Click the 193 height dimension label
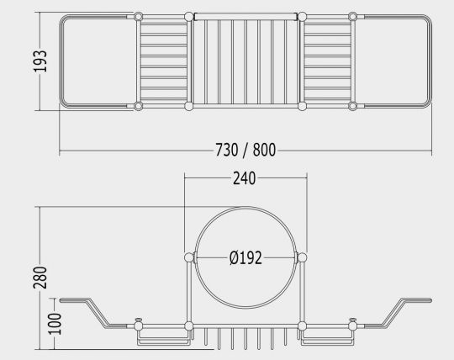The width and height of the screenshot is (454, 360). [x=40, y=61]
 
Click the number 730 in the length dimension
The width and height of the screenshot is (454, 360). [x=226, y=150]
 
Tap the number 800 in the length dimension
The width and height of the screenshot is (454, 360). [x=264, y=150]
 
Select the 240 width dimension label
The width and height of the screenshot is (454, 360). [x=245, y=178]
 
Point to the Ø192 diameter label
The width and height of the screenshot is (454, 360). [x=245, y=257]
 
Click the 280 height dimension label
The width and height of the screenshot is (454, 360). [x=40, y=278]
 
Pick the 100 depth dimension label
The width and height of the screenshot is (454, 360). [x=55, y=324]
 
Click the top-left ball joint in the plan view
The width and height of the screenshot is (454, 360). [x=139, y=17]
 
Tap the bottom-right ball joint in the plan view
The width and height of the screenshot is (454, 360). [x=352, y=106]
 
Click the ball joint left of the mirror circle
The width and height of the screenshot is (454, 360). [x=189, y=257]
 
